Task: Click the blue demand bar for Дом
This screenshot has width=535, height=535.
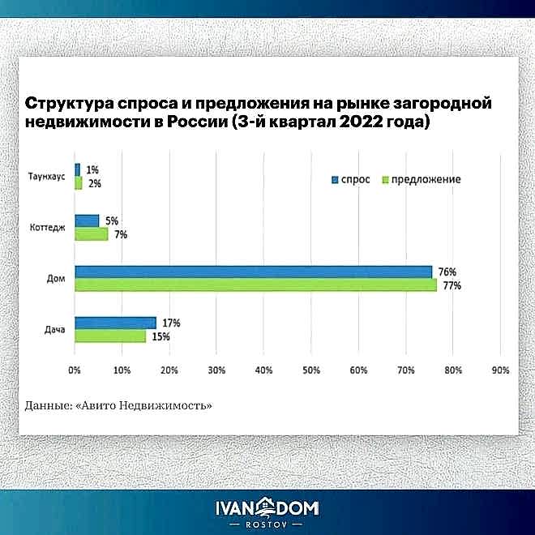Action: (253, 272)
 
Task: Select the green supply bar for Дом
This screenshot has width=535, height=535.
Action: (255, 285)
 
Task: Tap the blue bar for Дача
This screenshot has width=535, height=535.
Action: (115, 323)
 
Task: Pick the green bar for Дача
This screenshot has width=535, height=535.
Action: (110, 336)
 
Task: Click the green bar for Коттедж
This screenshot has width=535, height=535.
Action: (91, 234)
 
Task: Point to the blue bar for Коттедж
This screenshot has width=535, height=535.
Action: (87, 220)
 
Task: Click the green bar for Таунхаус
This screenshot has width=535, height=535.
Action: (79, 183)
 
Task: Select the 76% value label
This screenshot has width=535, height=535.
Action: (448, 272)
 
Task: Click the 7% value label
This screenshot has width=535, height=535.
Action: (121, 234)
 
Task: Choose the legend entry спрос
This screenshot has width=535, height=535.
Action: (349, 179)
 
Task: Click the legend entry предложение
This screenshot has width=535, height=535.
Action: (421, 179)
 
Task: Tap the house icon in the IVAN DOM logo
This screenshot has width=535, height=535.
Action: (267, 507)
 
